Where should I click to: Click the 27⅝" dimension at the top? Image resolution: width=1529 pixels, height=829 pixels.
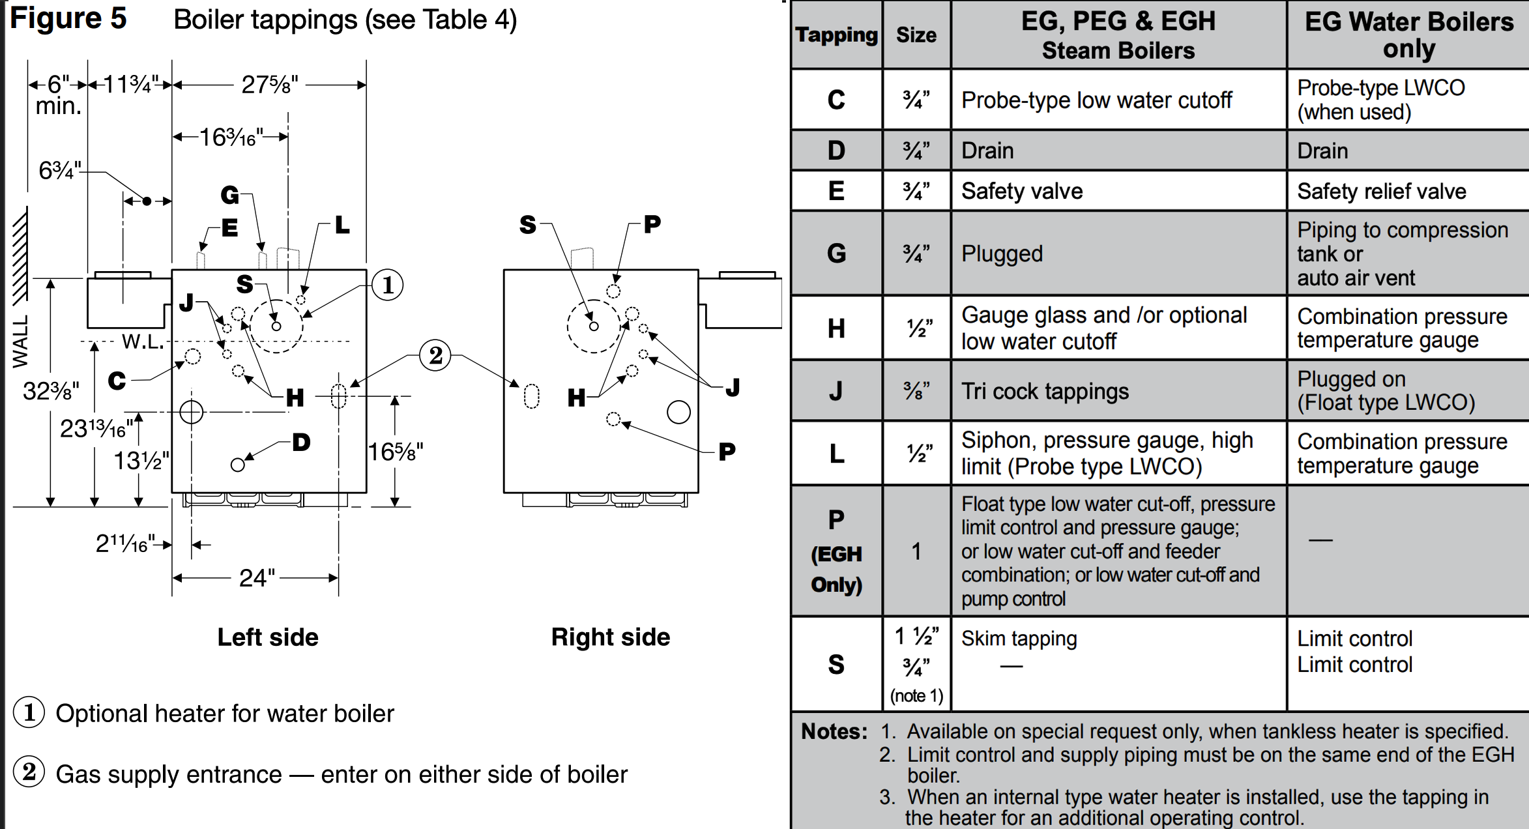(x=269, y=85)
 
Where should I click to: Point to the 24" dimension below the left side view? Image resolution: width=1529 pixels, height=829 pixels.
(x=257, y=578)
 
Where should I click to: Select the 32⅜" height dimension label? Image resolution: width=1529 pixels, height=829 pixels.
(x=51, y=391)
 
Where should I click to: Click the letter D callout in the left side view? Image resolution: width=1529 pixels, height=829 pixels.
(x=301, y=443)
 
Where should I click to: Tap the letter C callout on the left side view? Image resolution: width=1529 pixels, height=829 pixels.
(x=117, y=381)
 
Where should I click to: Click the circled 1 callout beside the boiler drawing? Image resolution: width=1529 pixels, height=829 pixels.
(x=388, y=285)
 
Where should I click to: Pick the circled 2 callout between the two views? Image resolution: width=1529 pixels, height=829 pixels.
(x=435, y=355)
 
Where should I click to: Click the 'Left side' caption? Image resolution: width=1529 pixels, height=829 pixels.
(x=268, y=637)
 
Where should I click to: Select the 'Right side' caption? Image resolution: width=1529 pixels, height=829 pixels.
(x=611, y=637)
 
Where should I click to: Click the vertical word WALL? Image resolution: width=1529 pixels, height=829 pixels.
(x=21, y=342)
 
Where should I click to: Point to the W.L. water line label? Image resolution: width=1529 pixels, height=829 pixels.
(x=143, y=342)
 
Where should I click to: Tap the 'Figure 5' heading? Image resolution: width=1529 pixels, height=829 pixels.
(x=68, y=19)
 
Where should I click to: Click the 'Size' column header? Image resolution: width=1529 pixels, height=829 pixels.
(x=916, y=35)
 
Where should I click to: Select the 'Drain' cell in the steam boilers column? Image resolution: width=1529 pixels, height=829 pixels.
(x=987, y=151)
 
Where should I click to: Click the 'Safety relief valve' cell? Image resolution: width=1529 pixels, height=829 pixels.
(x=1382, y=191)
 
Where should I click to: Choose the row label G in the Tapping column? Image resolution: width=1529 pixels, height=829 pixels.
(x=837, y=254)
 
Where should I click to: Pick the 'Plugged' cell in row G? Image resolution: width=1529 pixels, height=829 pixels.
(x=1002, y=254)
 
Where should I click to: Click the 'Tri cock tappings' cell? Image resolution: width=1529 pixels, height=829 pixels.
(x=1045, y=391)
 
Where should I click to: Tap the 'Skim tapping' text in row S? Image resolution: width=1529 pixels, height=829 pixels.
(x=1019, y=639)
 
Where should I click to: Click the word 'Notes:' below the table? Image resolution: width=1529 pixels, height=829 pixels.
(x=834, y=731)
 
